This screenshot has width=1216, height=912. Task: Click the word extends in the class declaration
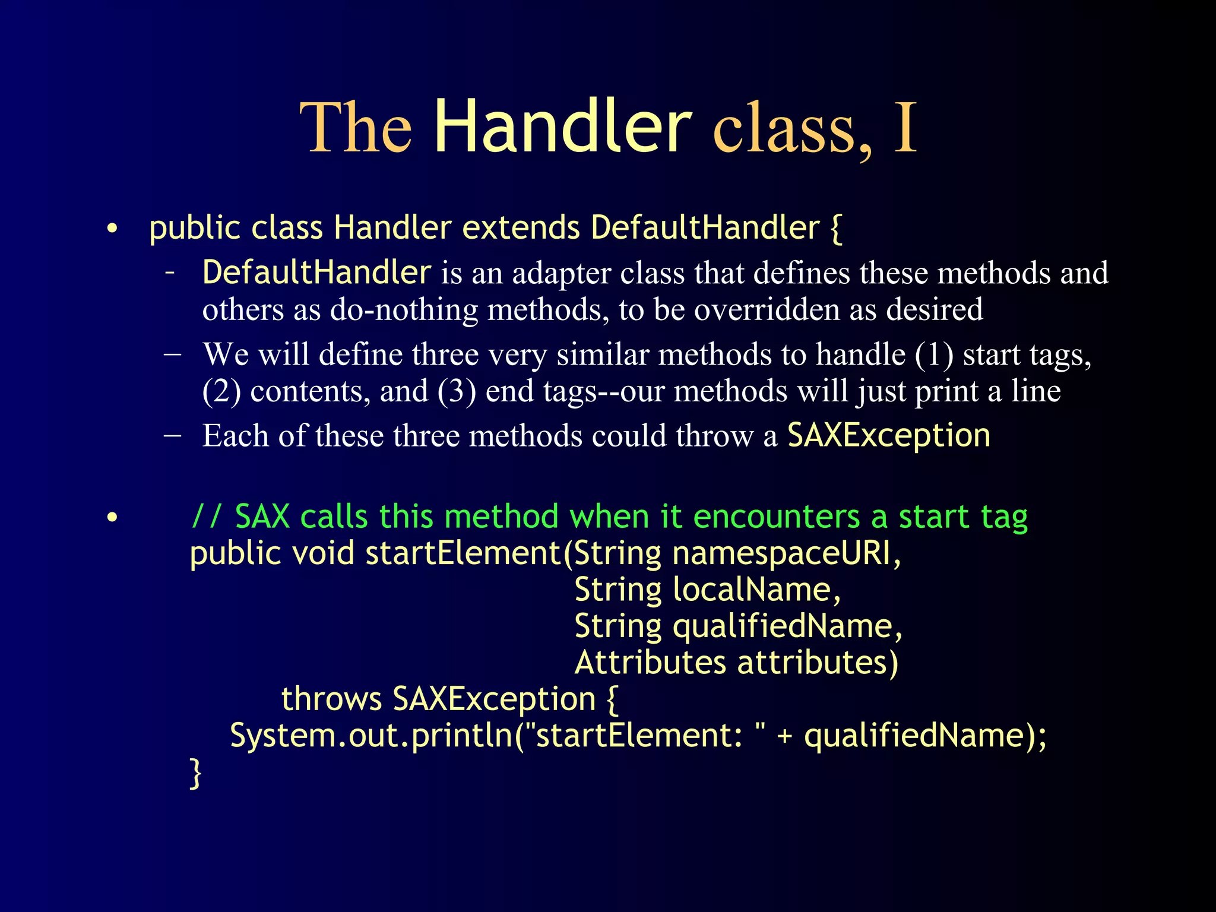521,228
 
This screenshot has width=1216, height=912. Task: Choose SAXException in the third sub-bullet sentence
888,436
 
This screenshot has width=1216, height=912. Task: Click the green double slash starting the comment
206,517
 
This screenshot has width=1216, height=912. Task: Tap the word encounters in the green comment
776,517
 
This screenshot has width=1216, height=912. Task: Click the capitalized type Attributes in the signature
650,663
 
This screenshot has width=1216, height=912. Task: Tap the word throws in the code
331,699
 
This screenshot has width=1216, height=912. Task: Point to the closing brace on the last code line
195,773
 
